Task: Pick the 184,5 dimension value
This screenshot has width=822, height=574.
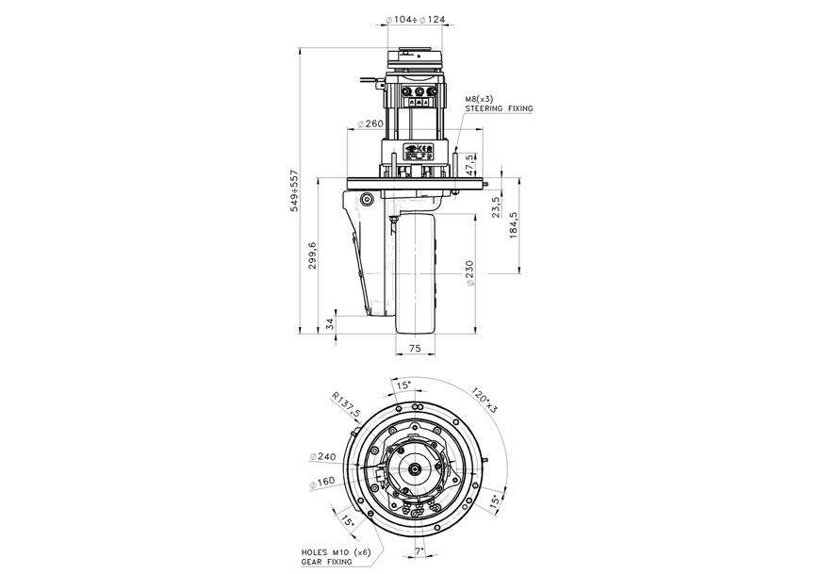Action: click(x=515, y=227)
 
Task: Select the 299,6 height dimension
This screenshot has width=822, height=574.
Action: click(x=312, y=255)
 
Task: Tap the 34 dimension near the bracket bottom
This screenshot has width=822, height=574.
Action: click(x=330, y=322)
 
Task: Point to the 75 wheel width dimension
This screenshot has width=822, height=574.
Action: click(x=414, y=348)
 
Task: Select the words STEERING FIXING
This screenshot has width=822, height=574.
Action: click(x=499, y=109)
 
